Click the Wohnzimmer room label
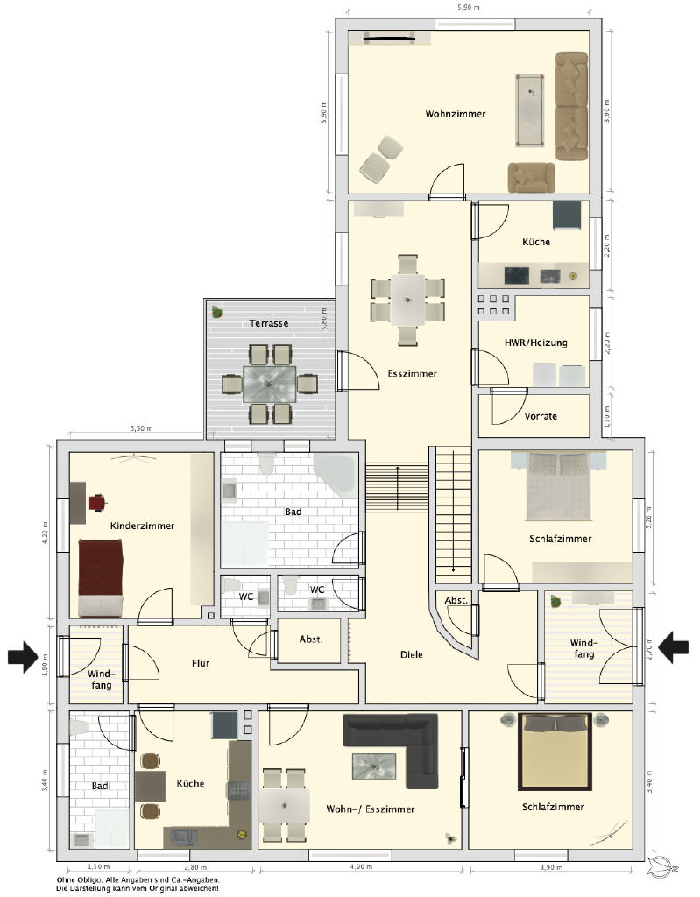pyautogui.click(x=455, y=114)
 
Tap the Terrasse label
pyautogui.click(x=268, y=323)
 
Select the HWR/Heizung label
pyautogui.click(x=535, y=343)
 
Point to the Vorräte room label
pyautogui.click(x=541, y=416)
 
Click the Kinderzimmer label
pyautogui.click(x=142, y=526)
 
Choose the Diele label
pyautogui.click(x=411, y=654)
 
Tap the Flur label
pyautogui.click(x=201, y=664)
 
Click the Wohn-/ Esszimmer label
pyautogui.click(x=371, y=809)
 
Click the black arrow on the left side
pyautogui.click(x=23, y=657)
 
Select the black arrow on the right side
pyautogui.click(x=673, y=647)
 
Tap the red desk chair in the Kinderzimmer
pyautogui.click(x=98, y=502)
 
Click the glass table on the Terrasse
pyautogui.click(x=270, y=385)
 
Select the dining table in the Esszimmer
pyautogui.click(x=408, y=300)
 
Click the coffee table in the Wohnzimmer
pyautogui.click(x=529, y=110)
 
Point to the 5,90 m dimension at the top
pyautogui.click(x=468, y=7)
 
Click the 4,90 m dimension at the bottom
pyautogui.click(x=361, y=867)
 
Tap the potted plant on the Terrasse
pyautogui.click(x=217, y=312)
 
